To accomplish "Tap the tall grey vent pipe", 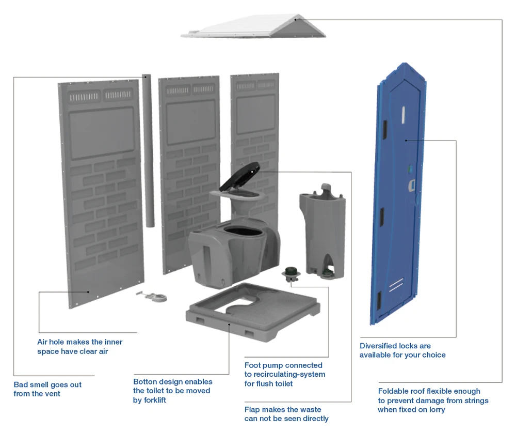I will pos(148,150).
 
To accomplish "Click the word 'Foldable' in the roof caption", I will pos(394,391).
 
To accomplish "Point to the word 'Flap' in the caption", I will pos(253,409).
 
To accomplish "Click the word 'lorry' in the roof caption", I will pos(436,409).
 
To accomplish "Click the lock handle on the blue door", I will pos(411,184).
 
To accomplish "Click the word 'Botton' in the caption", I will pos(145,382).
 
